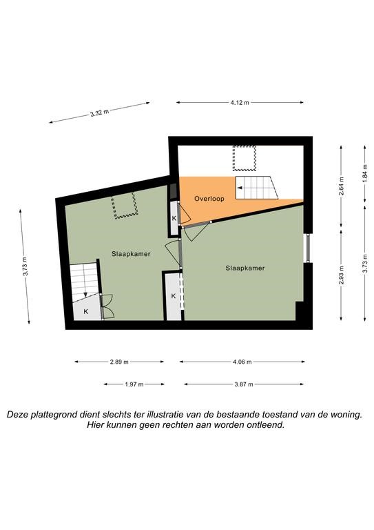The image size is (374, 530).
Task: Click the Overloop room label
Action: (x=209, y=199)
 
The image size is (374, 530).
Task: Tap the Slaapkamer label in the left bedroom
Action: (x=131, y=254)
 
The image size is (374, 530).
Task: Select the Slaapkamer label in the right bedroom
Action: (x=245, y=268)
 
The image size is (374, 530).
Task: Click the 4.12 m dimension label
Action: (x=240, y=103)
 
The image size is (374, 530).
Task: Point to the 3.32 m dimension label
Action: (x=99, y=113)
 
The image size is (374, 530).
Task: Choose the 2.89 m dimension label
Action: (x=119, y=362)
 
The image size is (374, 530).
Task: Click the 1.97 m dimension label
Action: (x=134, y=384)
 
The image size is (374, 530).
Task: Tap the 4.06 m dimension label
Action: (x=242, y=362)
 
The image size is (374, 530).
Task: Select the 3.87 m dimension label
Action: (x=244, y=384)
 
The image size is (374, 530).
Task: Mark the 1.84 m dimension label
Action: (x=364, y=174)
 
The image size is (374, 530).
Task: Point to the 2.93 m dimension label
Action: (x=342, y=275)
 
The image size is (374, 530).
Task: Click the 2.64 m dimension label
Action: (x=342, y=186)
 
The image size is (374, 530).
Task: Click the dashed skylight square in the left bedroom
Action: (x=125, y=206)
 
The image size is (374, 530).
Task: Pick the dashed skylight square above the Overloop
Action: (x=244, y=158)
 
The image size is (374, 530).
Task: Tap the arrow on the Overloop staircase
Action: (x=241, y=188)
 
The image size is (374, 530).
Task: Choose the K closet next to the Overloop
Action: (x=174, y=218)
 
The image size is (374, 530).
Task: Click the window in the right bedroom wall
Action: (x=308, y=248)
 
